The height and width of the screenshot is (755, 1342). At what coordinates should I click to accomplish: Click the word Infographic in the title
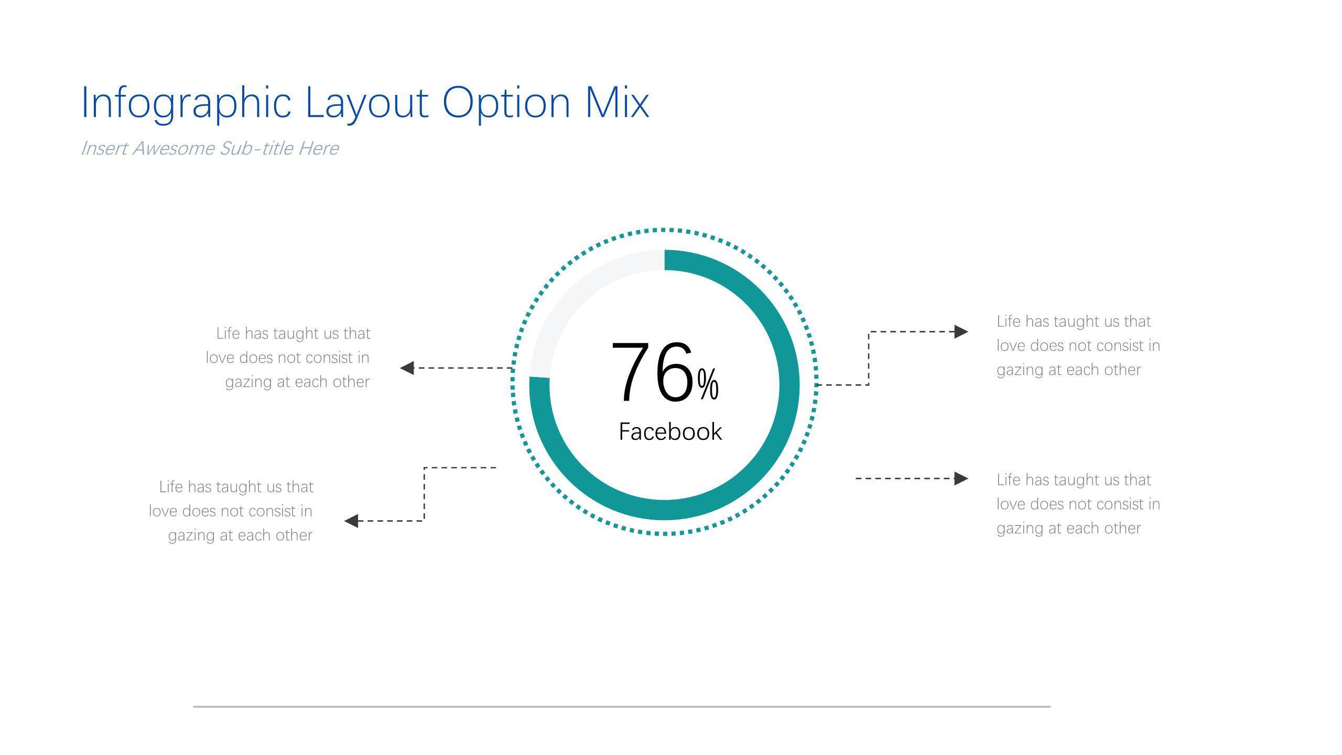(x=186, y=104)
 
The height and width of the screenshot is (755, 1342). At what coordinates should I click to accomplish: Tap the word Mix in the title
(x=617, y=102)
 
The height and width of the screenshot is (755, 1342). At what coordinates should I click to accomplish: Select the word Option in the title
(x=506, y=104)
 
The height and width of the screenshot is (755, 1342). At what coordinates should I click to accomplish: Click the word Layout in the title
(x=367, y=104)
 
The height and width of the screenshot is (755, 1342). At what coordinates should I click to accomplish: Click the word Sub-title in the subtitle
(x=256, y=148)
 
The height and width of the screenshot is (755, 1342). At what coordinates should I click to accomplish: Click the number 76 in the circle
(x=653, y=372)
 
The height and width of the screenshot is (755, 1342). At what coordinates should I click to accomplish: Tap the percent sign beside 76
(x=708, y=384)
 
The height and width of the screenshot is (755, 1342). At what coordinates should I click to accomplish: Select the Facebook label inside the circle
(x=670, y=432)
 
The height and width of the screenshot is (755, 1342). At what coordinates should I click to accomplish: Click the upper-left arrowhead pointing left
(x=407, y=368)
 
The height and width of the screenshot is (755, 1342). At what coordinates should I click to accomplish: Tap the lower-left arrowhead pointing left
(x=351, y=521)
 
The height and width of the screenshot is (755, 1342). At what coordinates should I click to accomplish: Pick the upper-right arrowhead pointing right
(x=961, y=332)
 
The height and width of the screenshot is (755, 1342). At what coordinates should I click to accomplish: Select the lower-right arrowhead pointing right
(x=961, y=479)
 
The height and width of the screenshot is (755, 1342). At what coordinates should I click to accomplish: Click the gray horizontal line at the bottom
(x=622, y=707)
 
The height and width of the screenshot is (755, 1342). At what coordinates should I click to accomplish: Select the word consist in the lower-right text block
(x=1120, y=504)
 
